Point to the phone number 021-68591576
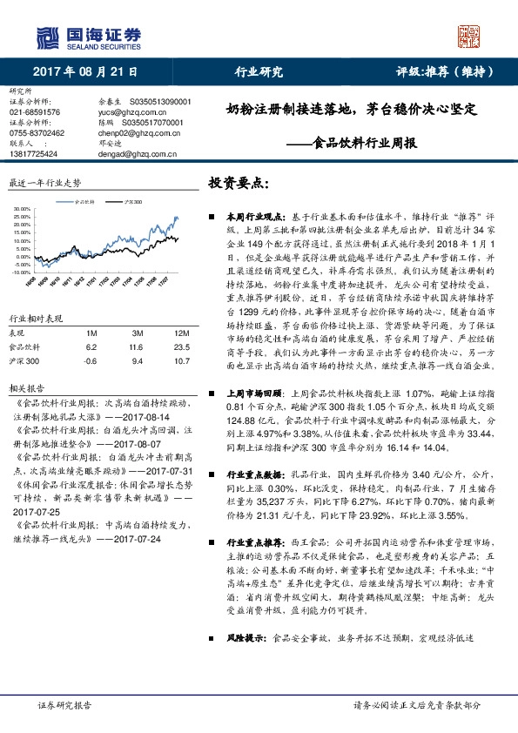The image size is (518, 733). [35, 112]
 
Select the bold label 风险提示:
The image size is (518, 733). [246, 638]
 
